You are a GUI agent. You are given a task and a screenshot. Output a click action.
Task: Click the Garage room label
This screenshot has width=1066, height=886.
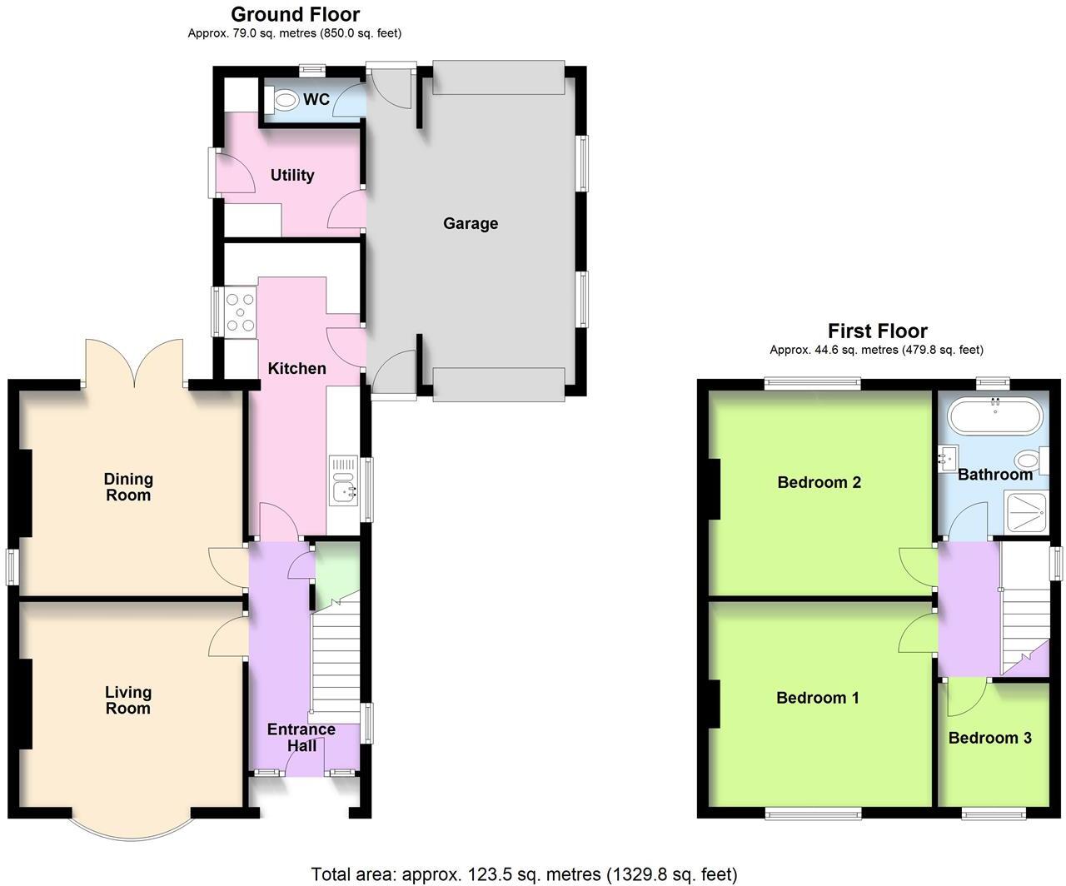(471, 223)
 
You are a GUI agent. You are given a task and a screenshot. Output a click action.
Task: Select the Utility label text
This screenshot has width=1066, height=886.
(292, 175)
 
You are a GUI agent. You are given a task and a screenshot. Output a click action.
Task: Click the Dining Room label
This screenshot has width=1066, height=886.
(128, 487)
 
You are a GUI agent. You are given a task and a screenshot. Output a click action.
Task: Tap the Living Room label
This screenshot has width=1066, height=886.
(128, 700)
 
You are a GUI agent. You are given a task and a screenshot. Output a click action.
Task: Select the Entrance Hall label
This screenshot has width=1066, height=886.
(301, 737)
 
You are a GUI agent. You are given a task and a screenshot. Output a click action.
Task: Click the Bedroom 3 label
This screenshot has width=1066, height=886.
(989, 738)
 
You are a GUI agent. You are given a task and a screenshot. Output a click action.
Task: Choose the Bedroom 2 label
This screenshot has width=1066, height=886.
(819, 482)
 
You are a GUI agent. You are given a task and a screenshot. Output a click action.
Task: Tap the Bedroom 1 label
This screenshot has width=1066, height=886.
(817, 698)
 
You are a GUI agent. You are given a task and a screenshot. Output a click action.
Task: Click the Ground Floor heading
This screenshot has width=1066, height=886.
(295, 14)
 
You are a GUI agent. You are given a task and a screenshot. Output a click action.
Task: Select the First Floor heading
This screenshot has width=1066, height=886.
(877, 331)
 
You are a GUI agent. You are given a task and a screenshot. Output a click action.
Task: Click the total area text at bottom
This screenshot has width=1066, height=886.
(524, 874)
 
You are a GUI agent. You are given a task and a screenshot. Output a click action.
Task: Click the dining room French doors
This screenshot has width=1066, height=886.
(133, 362)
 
